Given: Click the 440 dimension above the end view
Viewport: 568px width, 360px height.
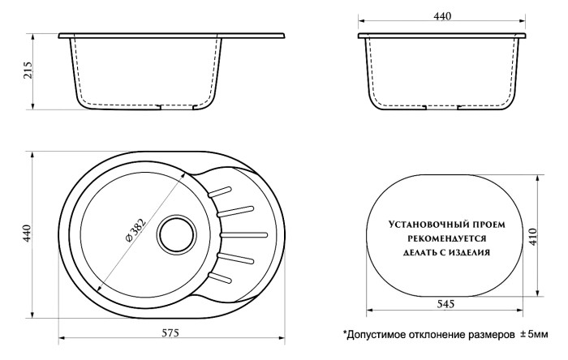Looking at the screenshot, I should click(442, 17).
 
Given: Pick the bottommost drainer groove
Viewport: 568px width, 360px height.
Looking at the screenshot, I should click(221, 276).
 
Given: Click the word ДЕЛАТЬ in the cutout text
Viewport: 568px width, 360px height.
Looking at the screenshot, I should click(420, 252).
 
